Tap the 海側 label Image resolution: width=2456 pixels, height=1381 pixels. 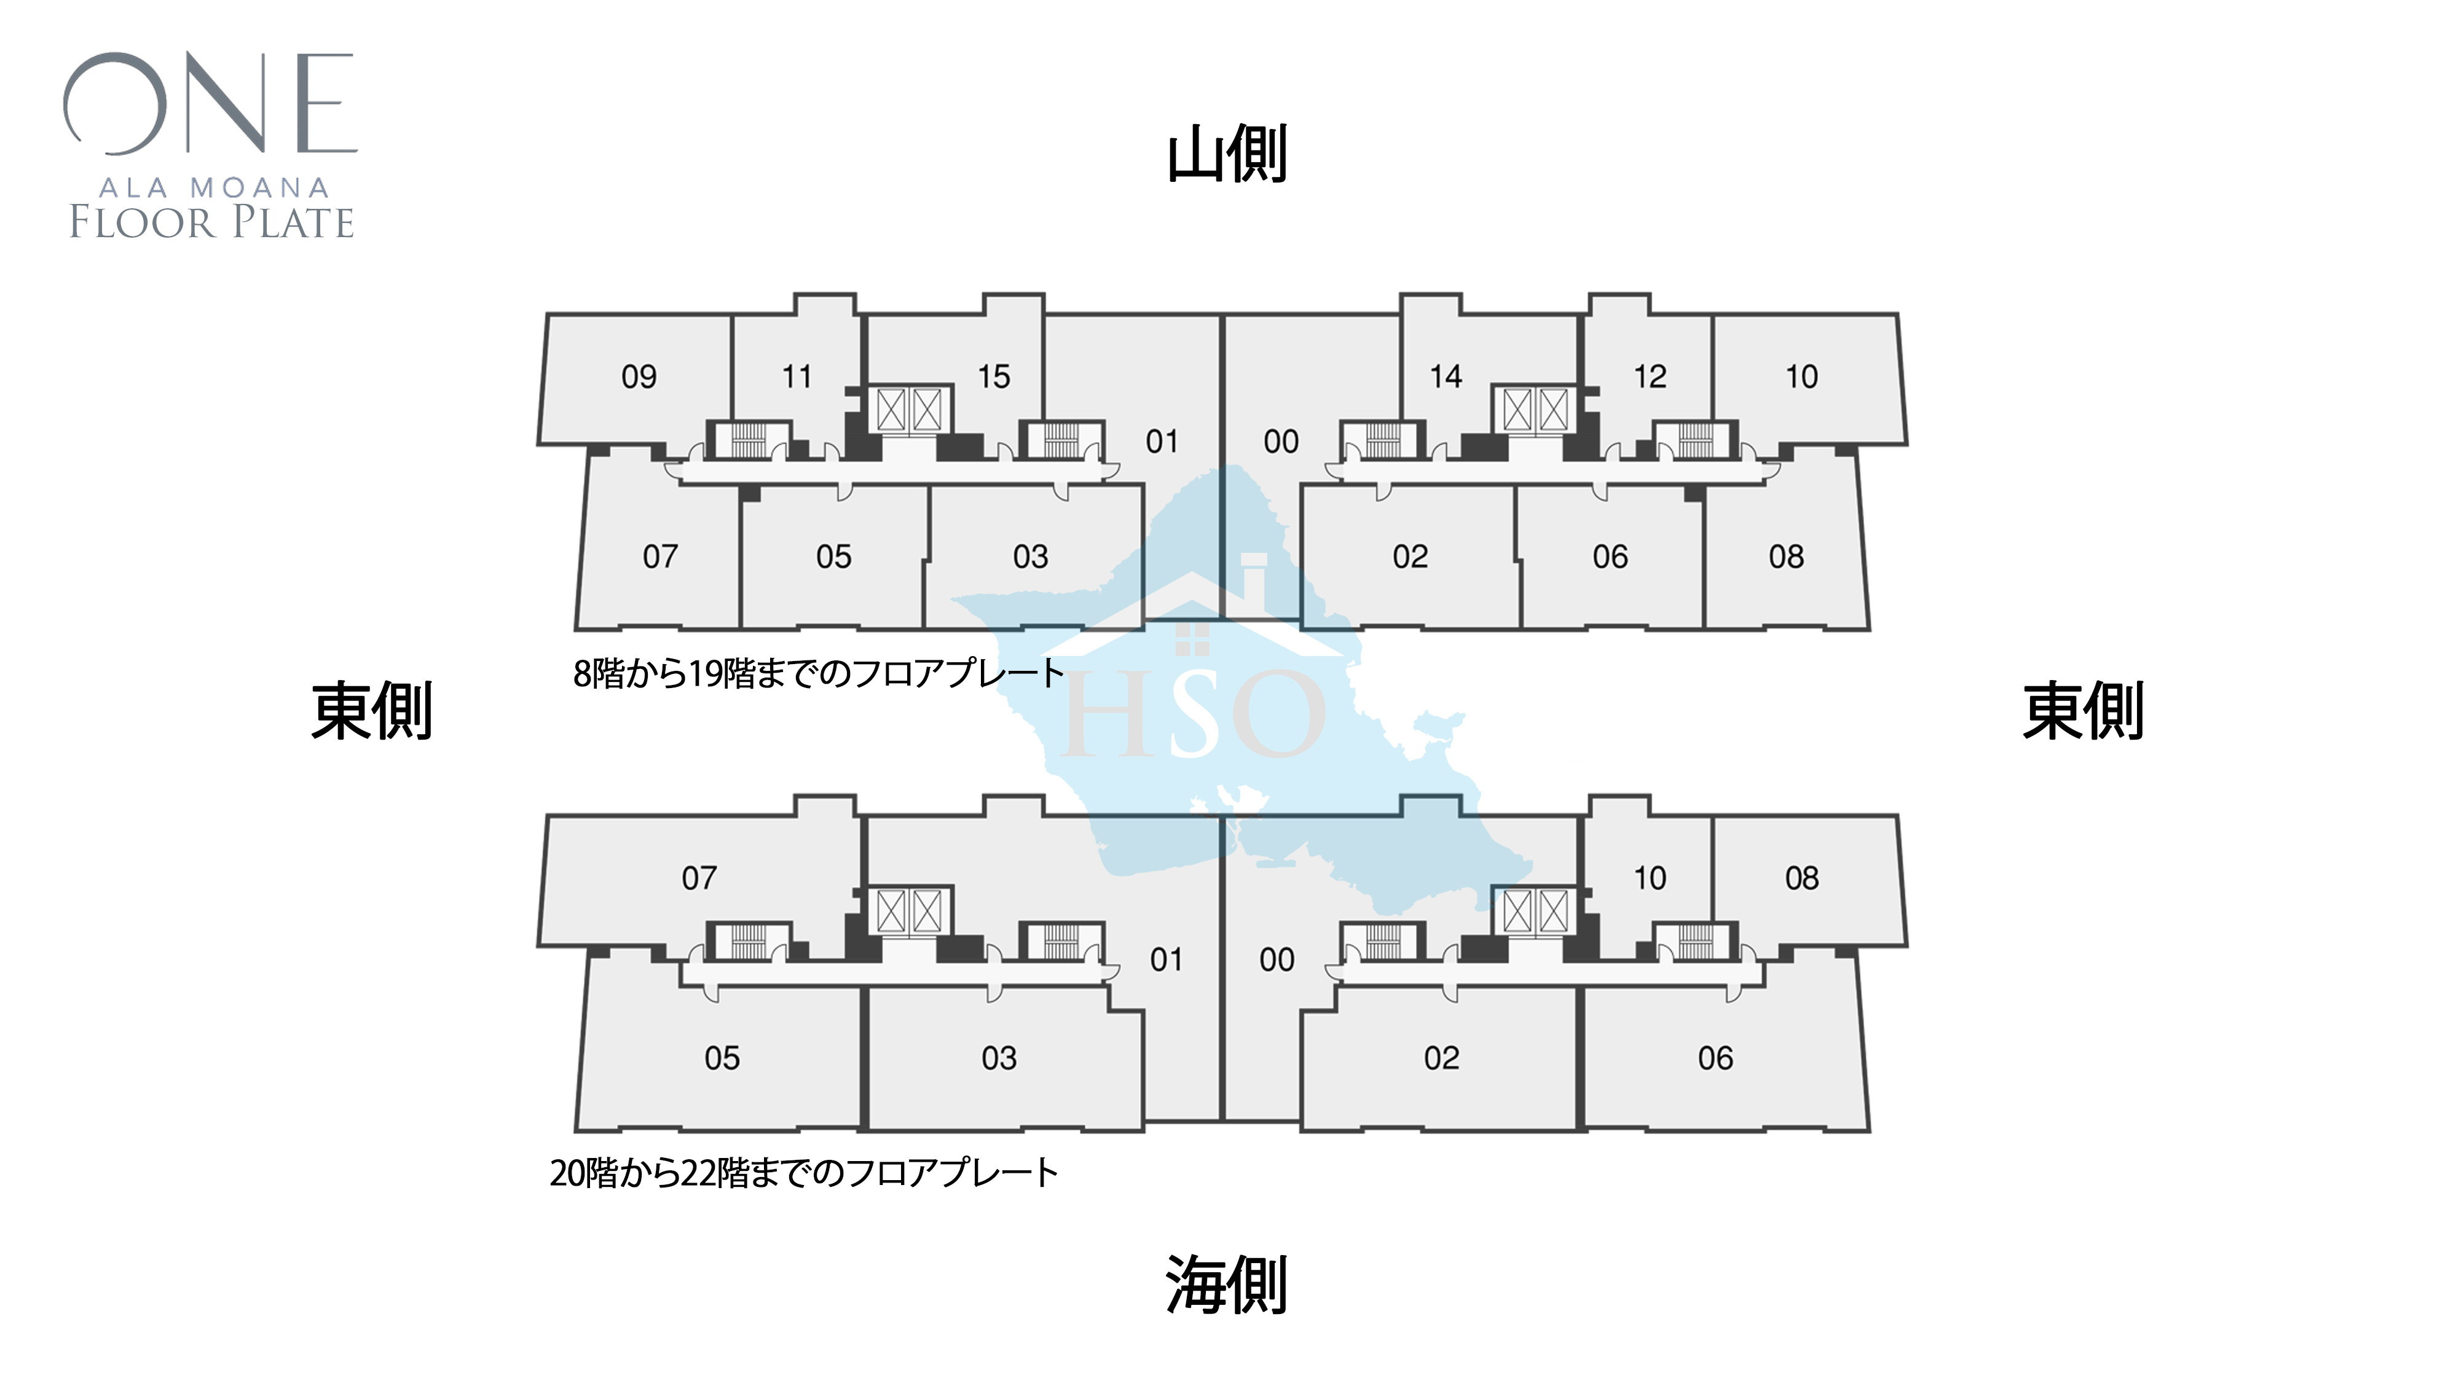[1227, 1284]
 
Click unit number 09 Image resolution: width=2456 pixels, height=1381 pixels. [639, 377]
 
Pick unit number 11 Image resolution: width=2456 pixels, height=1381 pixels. [797, 377]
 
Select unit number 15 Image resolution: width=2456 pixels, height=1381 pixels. [993, 377]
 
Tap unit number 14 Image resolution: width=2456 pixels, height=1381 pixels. [1446, 377]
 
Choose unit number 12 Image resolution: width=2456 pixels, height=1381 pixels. [1650, 377]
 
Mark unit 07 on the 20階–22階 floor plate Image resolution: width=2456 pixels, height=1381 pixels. [699, 878]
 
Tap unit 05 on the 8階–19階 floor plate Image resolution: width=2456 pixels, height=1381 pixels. [833, 557]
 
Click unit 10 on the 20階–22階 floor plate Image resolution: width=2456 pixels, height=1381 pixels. [1650, 878]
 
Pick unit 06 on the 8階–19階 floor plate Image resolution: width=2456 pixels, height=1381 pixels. [1610, 557]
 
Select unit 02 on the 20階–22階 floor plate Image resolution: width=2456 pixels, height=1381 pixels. [1441, 1058]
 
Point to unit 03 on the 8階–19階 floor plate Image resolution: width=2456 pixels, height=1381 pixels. [1031, 557]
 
